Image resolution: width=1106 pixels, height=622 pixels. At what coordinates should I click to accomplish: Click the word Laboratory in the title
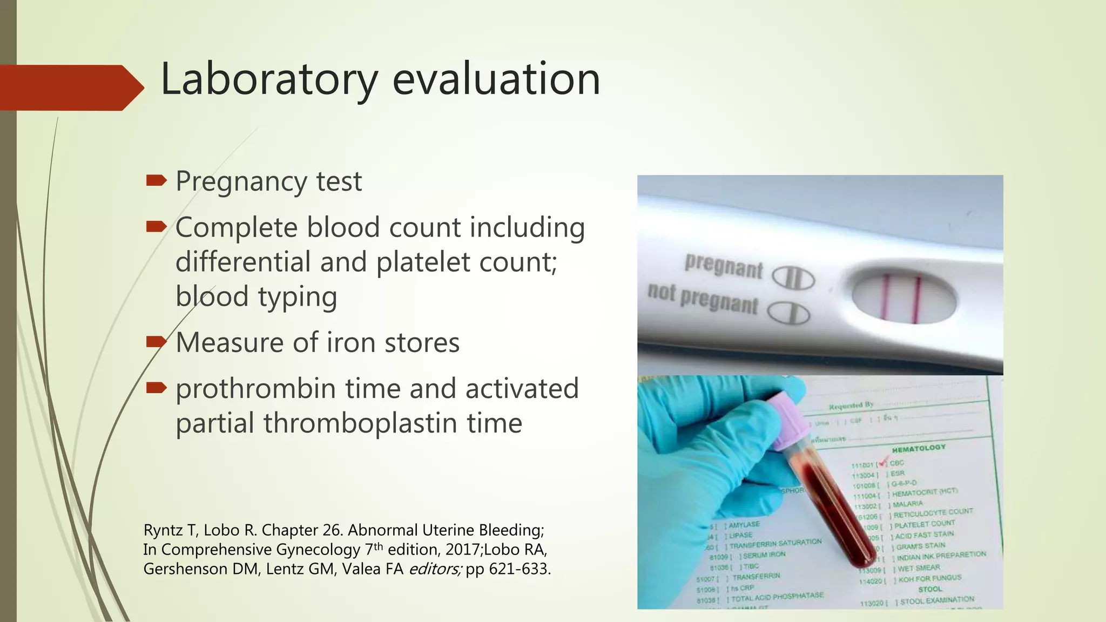pos(269,80)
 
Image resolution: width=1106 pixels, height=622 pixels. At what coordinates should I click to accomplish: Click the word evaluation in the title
pos(496,80)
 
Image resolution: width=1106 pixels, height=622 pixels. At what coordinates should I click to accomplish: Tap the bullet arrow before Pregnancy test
pos(156,181)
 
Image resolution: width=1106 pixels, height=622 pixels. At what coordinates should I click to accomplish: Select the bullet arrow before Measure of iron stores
pos(156,342)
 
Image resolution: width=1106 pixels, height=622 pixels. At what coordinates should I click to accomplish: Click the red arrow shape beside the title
pos(70,88)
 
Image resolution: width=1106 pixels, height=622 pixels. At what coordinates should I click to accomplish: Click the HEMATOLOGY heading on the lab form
pos(919,448)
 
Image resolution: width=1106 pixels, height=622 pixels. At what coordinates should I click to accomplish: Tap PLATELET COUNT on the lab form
pos(924,524)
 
